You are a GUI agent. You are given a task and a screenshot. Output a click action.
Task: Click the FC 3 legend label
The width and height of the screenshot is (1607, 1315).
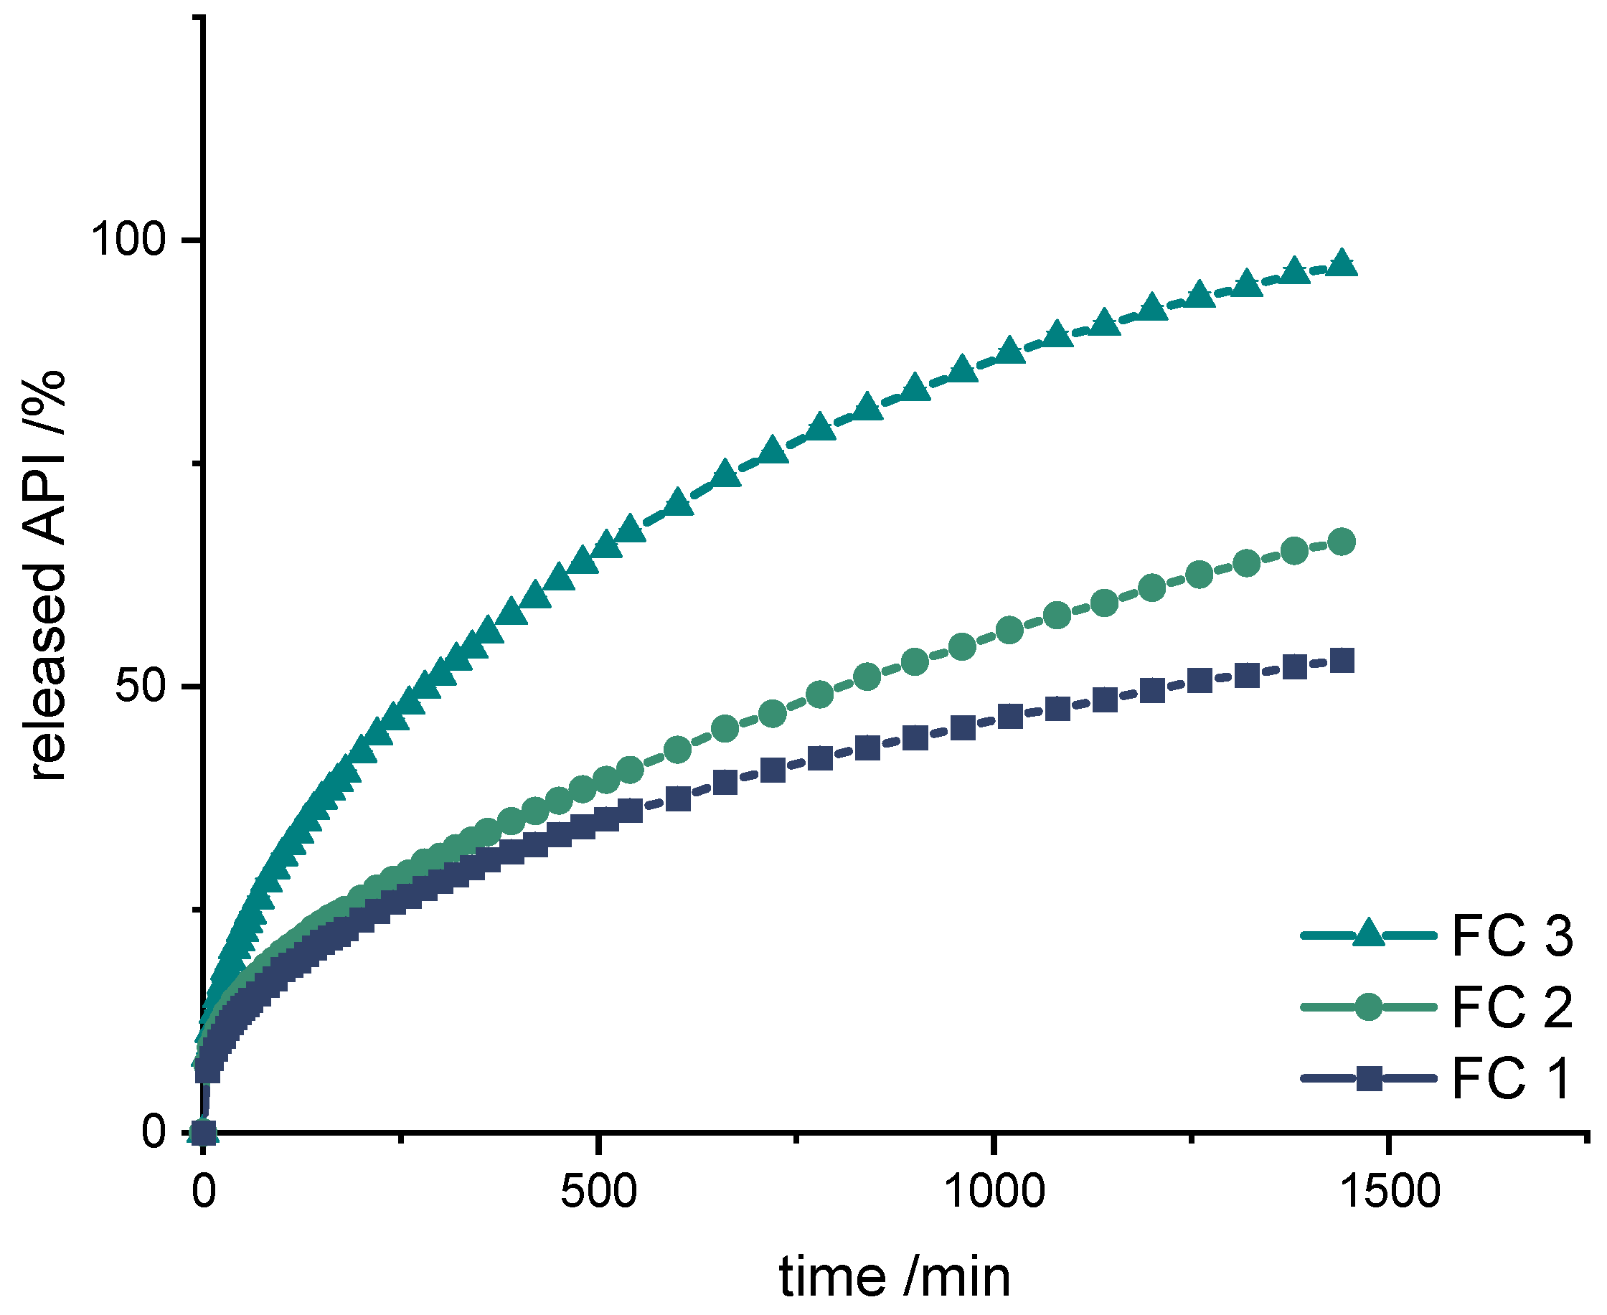pos(1512,936)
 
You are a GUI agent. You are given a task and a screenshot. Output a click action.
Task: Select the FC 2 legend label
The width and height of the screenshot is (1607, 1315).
pos(1512,1007)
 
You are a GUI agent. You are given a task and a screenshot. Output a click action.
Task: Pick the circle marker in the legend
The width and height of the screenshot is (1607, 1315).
pos(1368,1007)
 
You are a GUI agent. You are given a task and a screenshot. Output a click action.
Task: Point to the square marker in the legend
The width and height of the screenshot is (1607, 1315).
pos(1368,1078)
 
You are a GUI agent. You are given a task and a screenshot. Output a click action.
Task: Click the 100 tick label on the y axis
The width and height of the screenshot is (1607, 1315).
pos(128,241)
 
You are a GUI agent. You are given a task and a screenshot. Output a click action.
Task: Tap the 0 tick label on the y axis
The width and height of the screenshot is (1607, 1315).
pos(153,1133)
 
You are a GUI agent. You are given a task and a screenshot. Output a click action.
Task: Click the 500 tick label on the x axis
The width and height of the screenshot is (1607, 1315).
pos(598,1192)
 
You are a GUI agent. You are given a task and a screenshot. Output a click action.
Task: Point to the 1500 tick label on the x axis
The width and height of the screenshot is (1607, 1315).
pos(1389,1192)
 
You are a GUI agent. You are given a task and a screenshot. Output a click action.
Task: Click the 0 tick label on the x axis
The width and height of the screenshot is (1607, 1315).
pos(203,1192)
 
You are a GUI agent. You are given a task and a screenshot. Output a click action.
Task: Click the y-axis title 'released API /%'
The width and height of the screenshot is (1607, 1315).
pos(47,575)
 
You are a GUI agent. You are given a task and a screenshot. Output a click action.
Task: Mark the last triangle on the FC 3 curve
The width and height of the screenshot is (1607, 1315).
pos(1342,263)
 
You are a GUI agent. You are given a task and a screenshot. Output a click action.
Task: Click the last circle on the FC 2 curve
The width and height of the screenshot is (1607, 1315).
pos(1342,542)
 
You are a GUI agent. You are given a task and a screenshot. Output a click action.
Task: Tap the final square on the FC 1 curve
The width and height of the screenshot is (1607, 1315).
pos(1342,661)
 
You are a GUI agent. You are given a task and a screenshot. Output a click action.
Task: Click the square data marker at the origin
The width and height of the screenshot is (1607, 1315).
pos(203,1133)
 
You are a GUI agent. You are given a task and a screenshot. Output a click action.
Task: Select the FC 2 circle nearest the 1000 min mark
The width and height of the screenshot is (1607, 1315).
pos(1009,629)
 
